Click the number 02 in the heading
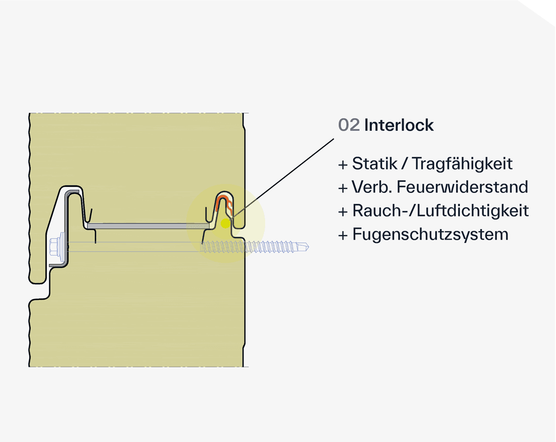[x=349, y=126]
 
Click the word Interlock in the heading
[x=399, y=126]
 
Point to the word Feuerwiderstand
[x=463, y=187]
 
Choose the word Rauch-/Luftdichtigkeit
[x=440, y=211]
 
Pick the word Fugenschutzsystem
[x=430, y=234]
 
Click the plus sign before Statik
[x=342, y=165]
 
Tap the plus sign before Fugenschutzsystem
[x=342, y=235]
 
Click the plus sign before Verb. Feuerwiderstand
[x=342, y=187]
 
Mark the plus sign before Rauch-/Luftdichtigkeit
[x=342, y=211]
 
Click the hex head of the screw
[x=54, y=245]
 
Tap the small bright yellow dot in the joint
[x=225, y=223]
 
